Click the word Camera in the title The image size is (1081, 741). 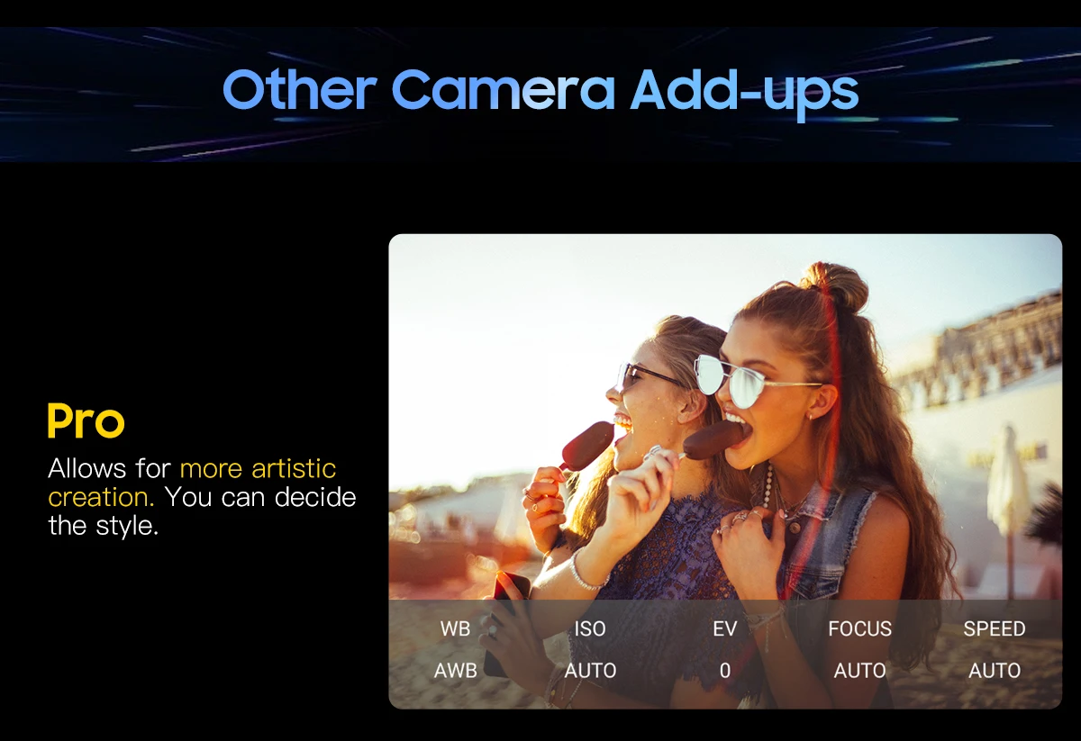click(x=504, y=90)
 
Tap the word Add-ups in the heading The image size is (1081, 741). click(x=745, y=93)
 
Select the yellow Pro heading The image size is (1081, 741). click(x=86, y=420)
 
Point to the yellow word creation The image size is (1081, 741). click(x=101, y=497)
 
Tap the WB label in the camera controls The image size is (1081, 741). click(x=455, y=628)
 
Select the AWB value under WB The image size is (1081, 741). click(x=455, y=671)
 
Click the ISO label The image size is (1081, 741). click(x=590, y=628)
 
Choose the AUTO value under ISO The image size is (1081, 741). click(x=590, y=671)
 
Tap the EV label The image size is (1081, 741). click(x=725, y=628)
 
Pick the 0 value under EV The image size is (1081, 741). click(x=725, y=671)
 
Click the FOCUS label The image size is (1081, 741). click(x=860, y=628)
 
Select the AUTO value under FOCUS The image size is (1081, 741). click(x=860, y=671)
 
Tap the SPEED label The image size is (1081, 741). click(x=995, y=628)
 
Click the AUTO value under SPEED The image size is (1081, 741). click(x=995, y=671)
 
